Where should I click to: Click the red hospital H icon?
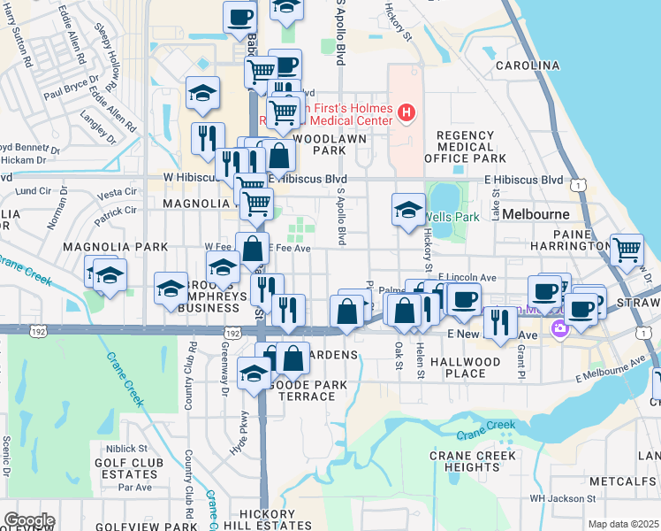pos(406,112)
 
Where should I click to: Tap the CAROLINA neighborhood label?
pos(528,65)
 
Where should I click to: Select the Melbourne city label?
pos(536,214)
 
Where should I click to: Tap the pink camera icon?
pos(558,329)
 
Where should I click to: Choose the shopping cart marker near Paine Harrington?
pos(627,249)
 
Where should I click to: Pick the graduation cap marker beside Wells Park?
pos(408,210)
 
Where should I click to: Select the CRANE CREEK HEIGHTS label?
pos(466,460)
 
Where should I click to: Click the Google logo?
pos(29,520)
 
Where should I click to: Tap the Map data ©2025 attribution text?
pos(623,524)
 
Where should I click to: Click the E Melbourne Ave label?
pos(610,371)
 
